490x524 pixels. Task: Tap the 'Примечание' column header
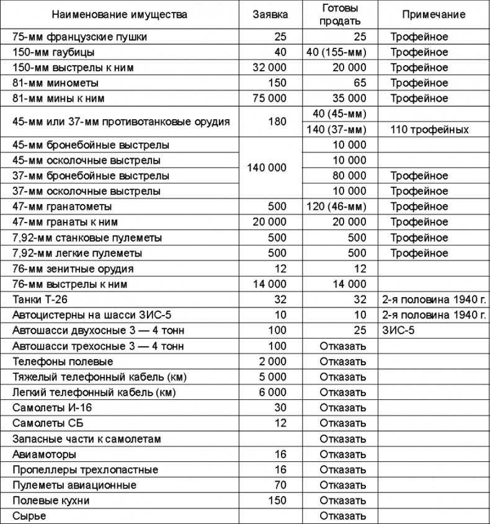tap(434, 14)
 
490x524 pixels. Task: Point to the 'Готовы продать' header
tap(341, 14)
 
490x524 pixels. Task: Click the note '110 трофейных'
tap(429, 130)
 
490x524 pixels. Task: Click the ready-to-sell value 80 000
tap(349, 176)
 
